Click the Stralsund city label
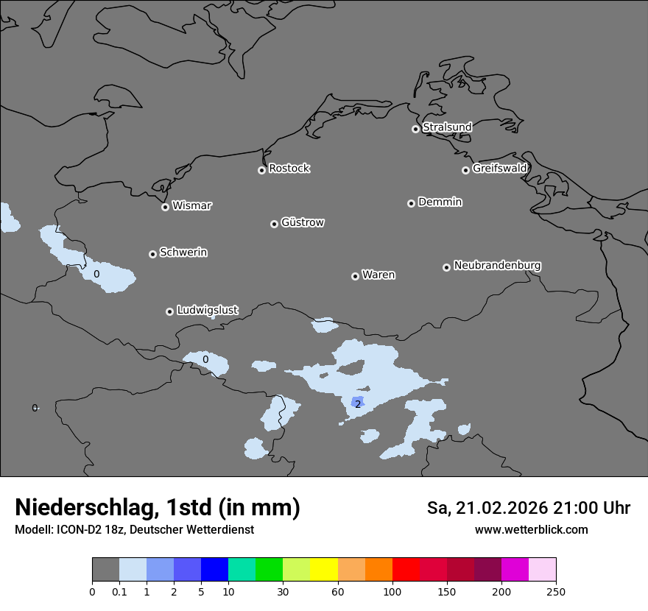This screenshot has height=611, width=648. [447, 127]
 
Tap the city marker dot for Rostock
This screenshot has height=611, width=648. [261, 170]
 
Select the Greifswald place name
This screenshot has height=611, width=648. [499, 169]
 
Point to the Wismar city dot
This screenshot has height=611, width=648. [165, 207]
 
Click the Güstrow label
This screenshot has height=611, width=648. [302, 222]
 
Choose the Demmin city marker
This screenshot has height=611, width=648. [411, 203]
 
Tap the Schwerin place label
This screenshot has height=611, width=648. [183, 252]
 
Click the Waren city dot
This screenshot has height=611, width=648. [355, 276]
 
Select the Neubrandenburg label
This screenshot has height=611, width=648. [497, 266]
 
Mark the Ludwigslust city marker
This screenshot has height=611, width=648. [169, 311]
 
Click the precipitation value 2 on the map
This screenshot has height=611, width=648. [358, 404]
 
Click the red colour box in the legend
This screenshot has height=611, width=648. [406, 570]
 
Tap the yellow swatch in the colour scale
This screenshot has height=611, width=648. [324, 570]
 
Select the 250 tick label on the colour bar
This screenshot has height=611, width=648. [555, 591]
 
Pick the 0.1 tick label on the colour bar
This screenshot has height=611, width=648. [119, 591]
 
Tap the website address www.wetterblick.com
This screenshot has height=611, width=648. [531, 530]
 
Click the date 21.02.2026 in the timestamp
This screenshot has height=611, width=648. [501, 508]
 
